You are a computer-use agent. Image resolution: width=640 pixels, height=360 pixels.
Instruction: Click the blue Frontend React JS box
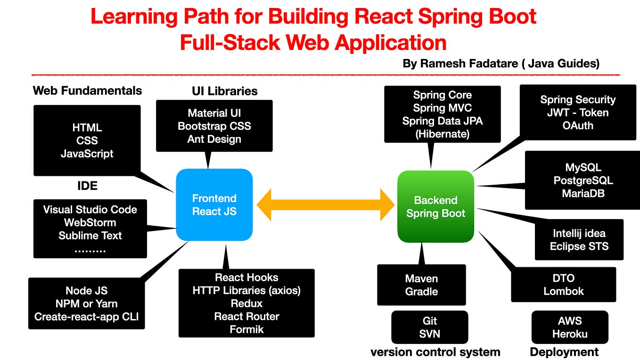pyautogui.click(x=214, y=205)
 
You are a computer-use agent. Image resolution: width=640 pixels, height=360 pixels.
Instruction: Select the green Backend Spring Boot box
pyautogui.click(x=435, y=207)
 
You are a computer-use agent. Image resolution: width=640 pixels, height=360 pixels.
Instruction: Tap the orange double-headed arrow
pyautogui.click(x=325, y=205)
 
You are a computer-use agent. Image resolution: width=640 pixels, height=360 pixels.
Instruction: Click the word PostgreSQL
pyautogui.click(x=583, y=180)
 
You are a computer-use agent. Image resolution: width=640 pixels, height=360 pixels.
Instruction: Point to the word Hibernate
pyautogui.click(x=442, y=134)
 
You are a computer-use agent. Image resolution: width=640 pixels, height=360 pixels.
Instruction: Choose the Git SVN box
pyautogui.click(x=429, y=327)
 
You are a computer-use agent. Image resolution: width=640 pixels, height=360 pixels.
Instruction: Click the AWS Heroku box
pyautogui.click(x=569, y=327)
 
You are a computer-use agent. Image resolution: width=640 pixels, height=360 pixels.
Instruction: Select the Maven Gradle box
pyautogui.click(x=421, y=285)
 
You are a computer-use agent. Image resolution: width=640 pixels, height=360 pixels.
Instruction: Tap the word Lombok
pyautogui.click(x=564, y=291)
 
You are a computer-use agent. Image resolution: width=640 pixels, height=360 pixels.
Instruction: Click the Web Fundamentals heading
pyautogui.click(x=87, y=90)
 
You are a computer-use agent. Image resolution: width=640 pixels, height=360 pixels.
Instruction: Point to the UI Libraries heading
pyautogui.click(x=224, y=91)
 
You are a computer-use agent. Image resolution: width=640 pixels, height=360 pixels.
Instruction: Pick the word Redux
pyautogui.click(x=246, y=303)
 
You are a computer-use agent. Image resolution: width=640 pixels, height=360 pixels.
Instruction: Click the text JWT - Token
pyautogui.click(x=578, y=113)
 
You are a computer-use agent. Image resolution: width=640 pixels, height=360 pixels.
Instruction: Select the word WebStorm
pyautogui.click(x=90, y=222)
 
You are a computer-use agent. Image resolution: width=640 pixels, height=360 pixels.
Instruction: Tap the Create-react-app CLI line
pyautogui.click(x=86, y=317)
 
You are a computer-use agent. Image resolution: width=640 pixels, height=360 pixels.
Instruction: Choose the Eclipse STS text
pyautogui.click(x=579, y=246)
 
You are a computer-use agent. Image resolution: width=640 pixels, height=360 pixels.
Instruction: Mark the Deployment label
pyautogui.click(x=564, y=352)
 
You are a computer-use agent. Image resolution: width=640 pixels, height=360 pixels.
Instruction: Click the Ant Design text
pyautogui.click(x=214, y=139)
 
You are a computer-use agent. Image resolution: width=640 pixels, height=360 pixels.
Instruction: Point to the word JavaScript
pyautogui.click(x=87, y=154)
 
